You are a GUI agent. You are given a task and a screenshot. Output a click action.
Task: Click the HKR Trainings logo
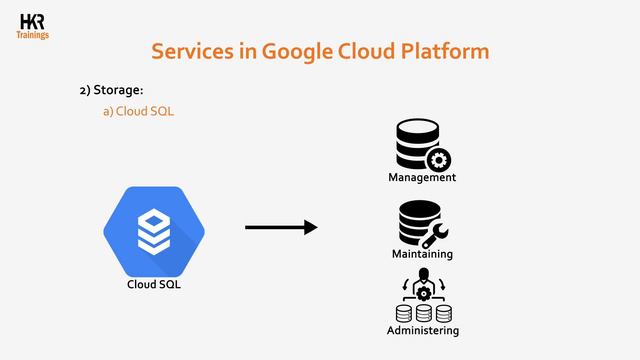coord(32,24)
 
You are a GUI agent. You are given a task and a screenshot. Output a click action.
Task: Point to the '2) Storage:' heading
coord(111,91)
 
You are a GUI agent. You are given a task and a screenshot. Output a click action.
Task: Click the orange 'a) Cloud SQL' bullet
coord(139,111)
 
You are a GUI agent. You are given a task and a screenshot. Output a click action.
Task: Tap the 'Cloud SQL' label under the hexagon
coord(154,285)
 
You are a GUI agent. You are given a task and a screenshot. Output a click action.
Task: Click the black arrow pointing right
coord(280,228)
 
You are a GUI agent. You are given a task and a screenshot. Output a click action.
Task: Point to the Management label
coord(422,178)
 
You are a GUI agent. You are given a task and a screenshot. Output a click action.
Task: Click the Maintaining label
coord(422,254)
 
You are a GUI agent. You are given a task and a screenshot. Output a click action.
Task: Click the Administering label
coord(423,331)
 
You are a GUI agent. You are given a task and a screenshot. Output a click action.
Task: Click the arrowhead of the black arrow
coord(310,228)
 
